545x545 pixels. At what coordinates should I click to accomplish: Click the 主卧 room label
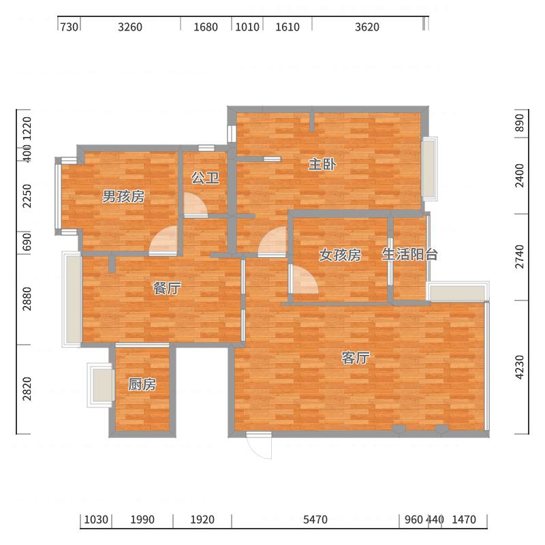322,164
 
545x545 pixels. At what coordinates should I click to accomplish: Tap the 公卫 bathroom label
205,178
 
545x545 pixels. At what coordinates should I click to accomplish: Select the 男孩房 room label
123,197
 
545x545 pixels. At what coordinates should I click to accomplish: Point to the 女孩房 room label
340,255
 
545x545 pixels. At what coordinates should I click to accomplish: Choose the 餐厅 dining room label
167,288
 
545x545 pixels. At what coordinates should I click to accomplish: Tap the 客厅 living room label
356,358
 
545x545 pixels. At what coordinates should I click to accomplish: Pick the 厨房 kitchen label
142,385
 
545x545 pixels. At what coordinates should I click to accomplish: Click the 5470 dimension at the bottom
315,520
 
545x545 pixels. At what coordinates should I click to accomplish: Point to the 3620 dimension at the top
367,27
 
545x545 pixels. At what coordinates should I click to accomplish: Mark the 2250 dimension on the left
27,197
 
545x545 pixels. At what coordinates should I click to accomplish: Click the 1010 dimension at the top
247,27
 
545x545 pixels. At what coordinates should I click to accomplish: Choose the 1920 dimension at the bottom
202,520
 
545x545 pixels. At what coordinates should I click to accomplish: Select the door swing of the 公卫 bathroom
196,204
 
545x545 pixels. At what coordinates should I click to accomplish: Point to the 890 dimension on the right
521,123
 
